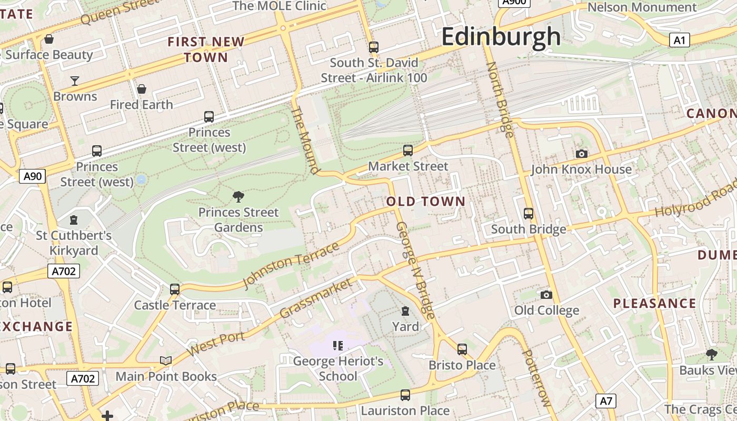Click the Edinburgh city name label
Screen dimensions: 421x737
501,37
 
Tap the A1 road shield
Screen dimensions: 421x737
680,40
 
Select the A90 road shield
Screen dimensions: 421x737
33,176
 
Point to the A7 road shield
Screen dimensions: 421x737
606,401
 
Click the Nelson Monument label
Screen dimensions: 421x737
642,7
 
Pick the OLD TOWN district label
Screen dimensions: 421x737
426,201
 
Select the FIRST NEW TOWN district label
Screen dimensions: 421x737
206,49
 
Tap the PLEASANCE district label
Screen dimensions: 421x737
655,303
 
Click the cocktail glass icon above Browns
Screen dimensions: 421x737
75,81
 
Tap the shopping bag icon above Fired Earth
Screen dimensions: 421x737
141,89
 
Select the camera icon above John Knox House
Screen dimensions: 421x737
581,154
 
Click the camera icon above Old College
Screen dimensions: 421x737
546,295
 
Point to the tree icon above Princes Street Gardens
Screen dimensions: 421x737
238,197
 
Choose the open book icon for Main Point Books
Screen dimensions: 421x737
166,360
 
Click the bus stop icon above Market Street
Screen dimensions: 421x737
408,151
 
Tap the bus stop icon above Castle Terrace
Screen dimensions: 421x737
175,289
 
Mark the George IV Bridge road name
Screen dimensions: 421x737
415,270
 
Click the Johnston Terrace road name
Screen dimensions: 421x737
291,266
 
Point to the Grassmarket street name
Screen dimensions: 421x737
315,298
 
